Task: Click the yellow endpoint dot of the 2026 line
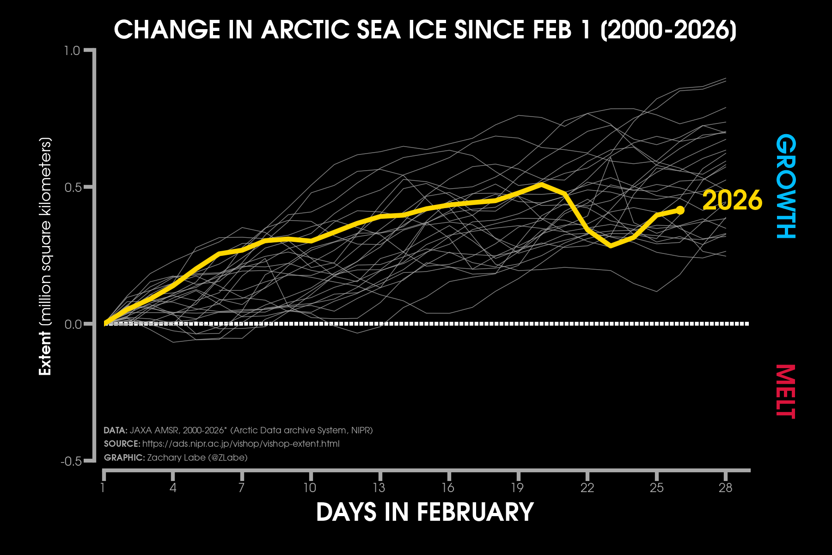[680, 210]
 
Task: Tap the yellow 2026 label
[732, 200]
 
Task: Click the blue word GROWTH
[786, 186]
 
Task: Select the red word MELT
[786, 391]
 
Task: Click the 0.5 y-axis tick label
[73, 187]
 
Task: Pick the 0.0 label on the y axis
[73, 324]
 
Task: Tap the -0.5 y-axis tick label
[71, 461]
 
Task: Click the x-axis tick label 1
[103, 487]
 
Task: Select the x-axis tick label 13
[379, 487]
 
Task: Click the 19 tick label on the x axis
[517, 487]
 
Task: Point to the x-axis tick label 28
[725, 487]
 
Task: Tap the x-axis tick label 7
[241, 487]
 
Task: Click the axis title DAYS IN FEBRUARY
[425, 512]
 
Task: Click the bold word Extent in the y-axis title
[45, 353]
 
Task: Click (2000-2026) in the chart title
[668, 30]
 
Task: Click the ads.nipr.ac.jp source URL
[241, 444]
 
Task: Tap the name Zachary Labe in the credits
[176, 457]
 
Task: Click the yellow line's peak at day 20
[541, 185]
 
